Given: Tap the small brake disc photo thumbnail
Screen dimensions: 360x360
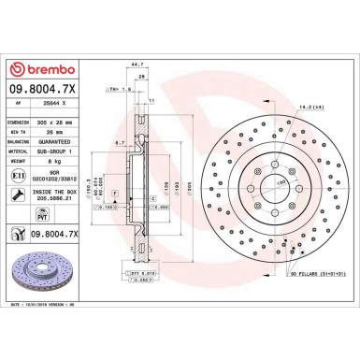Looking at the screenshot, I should (47, 280).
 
